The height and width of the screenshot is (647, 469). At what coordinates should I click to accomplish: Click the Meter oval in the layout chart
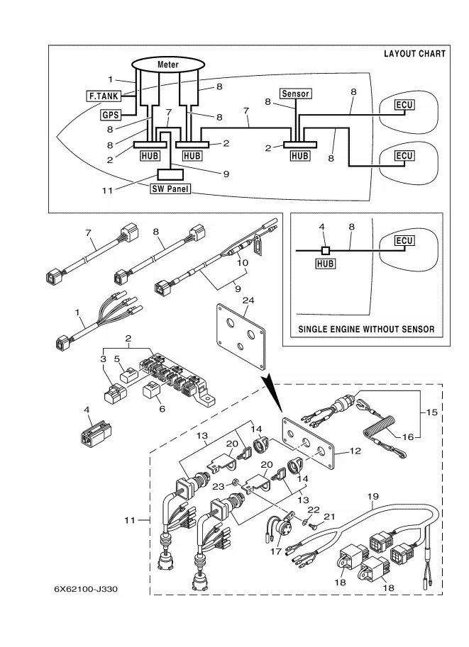coord(167,64)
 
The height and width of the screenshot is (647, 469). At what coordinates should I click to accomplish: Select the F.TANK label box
coord(102,94)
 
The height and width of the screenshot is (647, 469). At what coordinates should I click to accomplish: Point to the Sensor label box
coord(296,94)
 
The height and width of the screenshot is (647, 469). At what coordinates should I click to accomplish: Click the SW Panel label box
coord(170,189)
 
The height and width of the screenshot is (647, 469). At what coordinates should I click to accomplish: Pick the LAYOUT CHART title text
coord(414,54)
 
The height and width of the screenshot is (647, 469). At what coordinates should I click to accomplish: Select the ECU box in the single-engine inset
coord(404,241)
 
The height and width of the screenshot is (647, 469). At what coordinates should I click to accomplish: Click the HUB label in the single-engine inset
coord(326,263)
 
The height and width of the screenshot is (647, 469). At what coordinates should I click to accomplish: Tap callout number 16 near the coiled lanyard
coord(407,437)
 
